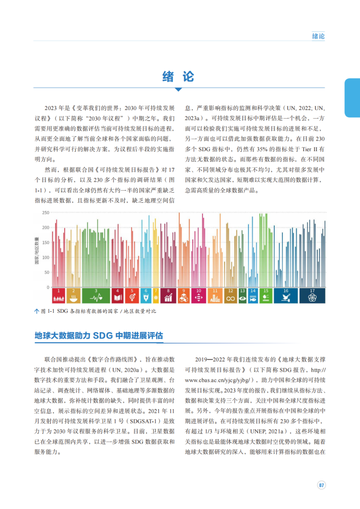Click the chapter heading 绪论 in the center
178,77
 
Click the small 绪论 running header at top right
318,36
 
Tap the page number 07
320,485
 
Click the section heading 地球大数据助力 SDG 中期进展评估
98,336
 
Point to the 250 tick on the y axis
46,213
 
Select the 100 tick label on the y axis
46,258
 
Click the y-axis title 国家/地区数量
37,250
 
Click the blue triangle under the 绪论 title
178,90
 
